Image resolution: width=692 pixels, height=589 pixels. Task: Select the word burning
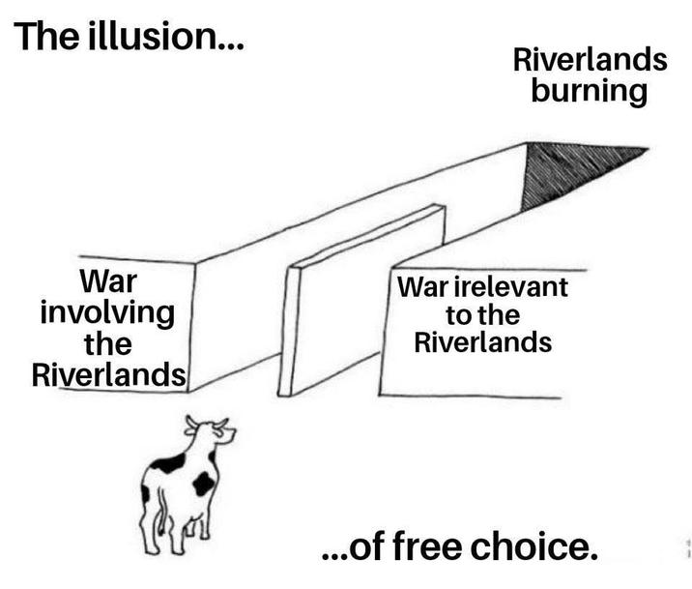(589, 93)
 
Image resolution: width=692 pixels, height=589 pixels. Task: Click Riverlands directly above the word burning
(589, 61)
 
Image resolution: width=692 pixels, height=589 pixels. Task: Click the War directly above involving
(107, 282)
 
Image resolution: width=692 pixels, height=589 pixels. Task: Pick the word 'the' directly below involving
(107, 343)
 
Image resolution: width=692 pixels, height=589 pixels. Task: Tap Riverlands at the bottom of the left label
(107, 374)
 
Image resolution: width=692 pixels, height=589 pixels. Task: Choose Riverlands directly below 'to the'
(483, 342)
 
